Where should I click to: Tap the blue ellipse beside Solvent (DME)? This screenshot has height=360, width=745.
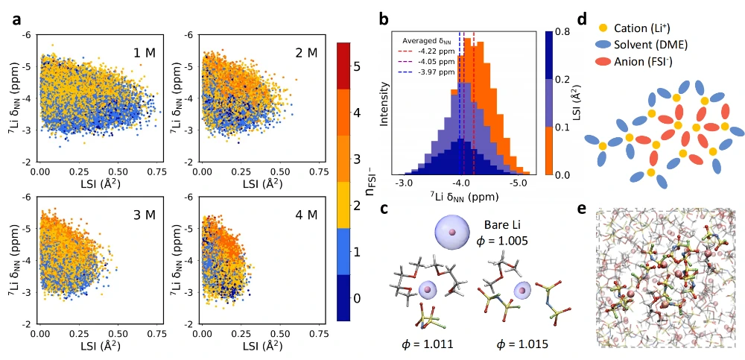pyautogui.click(x=602, y=45)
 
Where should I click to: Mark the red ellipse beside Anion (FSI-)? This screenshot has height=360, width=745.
pyautogui.click(x=602, y=62)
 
